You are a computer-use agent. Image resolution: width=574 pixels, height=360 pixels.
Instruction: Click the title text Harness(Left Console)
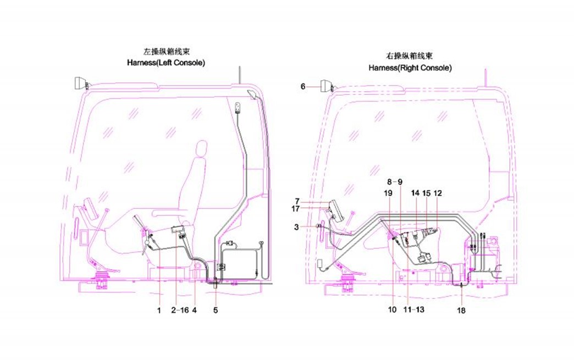[166, 63]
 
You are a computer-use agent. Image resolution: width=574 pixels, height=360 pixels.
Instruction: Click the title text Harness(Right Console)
[410, 68]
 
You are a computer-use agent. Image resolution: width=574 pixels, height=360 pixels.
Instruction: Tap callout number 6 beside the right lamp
[303, 86]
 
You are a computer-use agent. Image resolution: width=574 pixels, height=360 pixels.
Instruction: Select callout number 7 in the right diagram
[296, 201]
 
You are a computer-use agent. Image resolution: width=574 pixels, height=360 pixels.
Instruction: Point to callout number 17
[295, 209]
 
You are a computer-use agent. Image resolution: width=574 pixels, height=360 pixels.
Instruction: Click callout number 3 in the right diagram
[296, 226]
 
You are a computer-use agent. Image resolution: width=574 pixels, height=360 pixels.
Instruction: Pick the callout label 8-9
[395, 181]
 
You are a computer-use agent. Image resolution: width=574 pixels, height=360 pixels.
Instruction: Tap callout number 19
[388, 193]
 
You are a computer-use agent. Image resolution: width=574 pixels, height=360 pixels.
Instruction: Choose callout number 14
[415, 193]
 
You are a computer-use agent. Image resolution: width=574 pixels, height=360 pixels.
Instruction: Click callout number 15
[426, 193]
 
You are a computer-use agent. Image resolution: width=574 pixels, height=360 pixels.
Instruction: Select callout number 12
[438, 193]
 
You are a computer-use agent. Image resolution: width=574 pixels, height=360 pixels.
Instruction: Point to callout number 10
[392, 310]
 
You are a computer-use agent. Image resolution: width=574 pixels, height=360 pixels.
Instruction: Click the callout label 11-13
[414, 310]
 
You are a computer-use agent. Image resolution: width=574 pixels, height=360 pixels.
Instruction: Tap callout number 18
[461, 311]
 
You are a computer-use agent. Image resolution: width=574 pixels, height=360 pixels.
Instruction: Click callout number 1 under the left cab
[159, 311]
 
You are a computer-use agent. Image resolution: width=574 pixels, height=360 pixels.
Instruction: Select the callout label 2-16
[180, 311]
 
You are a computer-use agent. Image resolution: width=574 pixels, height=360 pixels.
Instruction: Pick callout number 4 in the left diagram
[195, 311]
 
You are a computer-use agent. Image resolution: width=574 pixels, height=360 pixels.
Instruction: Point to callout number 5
[216, 311]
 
